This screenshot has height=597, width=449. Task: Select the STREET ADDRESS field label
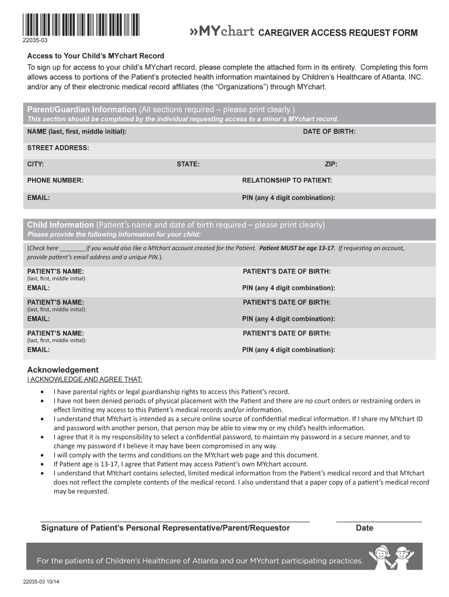(x=58, y=148)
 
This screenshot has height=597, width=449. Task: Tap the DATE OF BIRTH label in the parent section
(x=329, y=132)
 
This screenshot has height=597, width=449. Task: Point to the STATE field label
(x=188, y=164)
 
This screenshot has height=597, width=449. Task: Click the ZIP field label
(x=331, y=164)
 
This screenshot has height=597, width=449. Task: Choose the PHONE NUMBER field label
(x=55, y=181)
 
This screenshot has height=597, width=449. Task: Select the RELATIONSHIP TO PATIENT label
(x=287, y=181)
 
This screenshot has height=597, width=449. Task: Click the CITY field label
(x=36, y=164)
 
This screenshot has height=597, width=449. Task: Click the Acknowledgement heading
(x=63, y=370)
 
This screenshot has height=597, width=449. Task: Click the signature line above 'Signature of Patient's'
(x=175, y=519)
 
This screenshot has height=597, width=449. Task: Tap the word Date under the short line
(x=364, y=528)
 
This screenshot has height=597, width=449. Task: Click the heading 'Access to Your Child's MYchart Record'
(x=96, y=56)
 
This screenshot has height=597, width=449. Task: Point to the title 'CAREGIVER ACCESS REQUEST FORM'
(x=338, y=33)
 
